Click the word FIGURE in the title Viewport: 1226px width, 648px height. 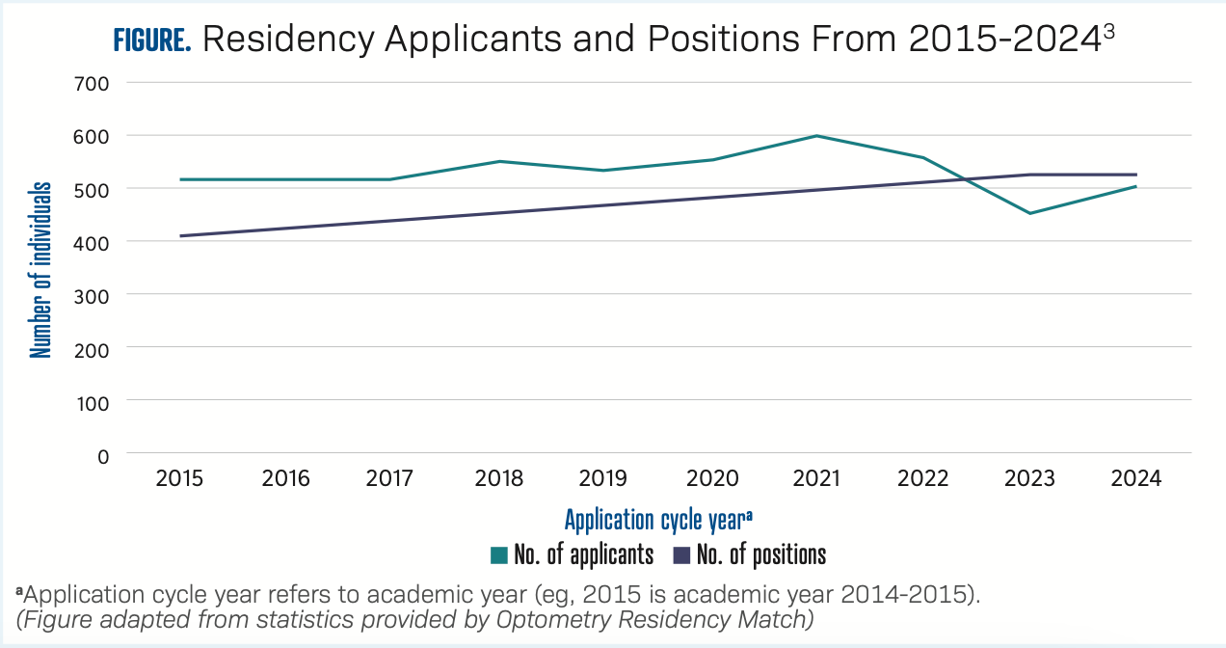pyautogui.click(x=153, y=40)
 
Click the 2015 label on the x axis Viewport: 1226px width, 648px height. pyautogui.click(x=179, y=478)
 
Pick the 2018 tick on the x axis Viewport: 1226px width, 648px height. pyautogui.click(x=499, y=478)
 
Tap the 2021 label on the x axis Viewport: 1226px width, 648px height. pyautogui.click(x=815, y=478)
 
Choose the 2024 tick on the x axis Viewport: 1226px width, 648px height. pyautogui.click(x=1136, y=478)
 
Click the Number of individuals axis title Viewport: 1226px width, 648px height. pyautogui.click(x=40, y=268)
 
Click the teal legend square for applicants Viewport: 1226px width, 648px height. pyautogui.click(x=498, y=555)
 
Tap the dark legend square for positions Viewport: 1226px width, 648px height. pyautogui.click(x=681, y=555)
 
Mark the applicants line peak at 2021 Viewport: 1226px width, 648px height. pyautogui.click(x=816, y=136)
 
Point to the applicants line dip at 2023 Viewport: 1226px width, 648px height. pyautogui.click(x=1029, y=213)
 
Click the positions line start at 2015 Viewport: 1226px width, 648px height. pyautogui.click(x=180, y=235)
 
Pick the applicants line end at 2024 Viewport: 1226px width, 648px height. pyautogui.click(x=1136, y=186)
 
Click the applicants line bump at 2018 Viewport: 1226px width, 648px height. pyautogui.click(x=499, y=161)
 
